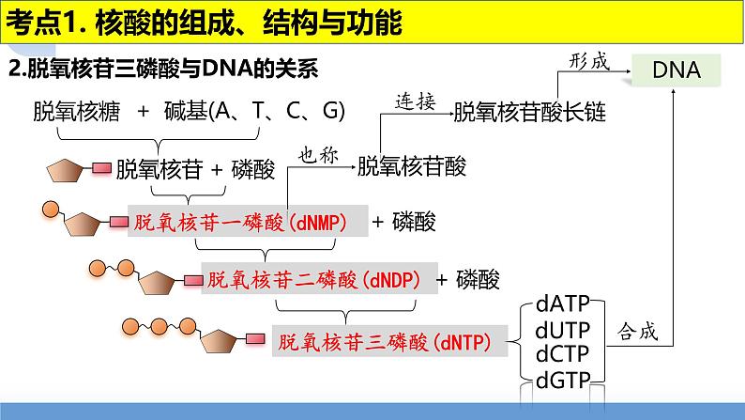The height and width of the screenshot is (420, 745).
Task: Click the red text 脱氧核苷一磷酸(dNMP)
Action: point(241,223)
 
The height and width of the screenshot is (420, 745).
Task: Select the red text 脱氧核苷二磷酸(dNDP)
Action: point(314,280)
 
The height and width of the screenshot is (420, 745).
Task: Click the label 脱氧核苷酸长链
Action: point(530,114)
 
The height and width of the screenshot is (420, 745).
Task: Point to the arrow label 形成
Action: point(589,62)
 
